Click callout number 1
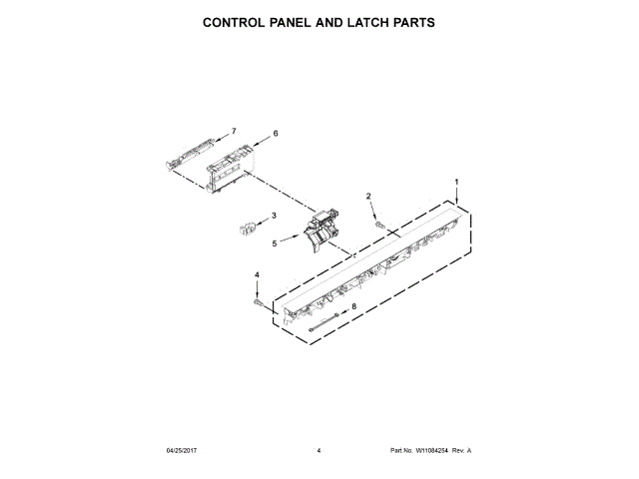pyautogui.click(x=457, y=182)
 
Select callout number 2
pyautogui.click(x=367, y=197)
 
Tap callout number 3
pyautogui.click(x=275, y=215)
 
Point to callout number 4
pyautogui.click(x=256, y=274)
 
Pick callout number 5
pyautogui.click(x=275, y=242)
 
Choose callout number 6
pyautogui.click(x=275, y=133)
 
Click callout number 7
pyautogui.click(x=233, y=131)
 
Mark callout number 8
pyautogui.click(x=353, y=307)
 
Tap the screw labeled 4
pyautogui.click(x=259, y=300)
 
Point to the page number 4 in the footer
pyautogui.click(x=319, y=451)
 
